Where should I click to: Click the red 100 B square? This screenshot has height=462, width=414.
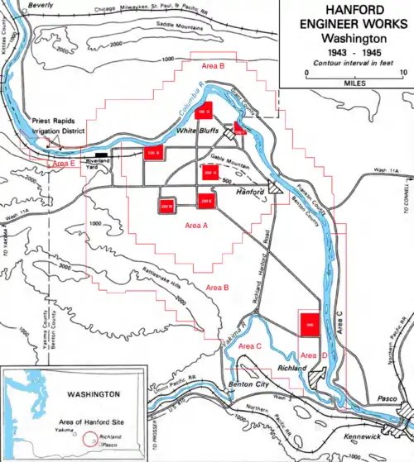tap(153, 152)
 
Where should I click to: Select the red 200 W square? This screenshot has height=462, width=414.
tap(166, 204)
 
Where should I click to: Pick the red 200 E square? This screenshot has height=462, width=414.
tap(205, 199)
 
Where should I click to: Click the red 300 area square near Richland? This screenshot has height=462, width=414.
tap(309, 325)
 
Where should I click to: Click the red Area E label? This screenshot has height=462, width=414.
tap(64, 164)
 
